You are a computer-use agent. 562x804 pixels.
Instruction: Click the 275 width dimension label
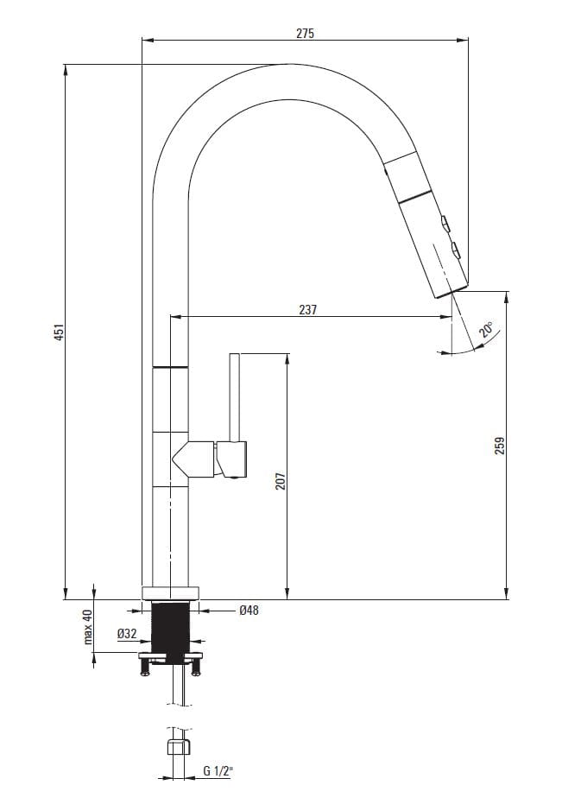coord(305,34)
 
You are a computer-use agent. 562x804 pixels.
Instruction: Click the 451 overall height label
coord(60,332)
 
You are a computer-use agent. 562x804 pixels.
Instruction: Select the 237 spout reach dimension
coord(307,310)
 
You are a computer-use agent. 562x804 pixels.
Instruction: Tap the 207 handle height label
coord(281,481)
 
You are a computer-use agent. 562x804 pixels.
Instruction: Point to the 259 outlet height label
coord(500,445)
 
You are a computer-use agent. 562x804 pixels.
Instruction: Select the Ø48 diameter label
coord(249,611)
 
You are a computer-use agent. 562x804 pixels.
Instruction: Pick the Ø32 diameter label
coord(127,634)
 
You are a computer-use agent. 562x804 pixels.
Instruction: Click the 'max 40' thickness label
coord(88,627)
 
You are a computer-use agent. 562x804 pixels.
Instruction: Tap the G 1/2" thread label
coord(218,770)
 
